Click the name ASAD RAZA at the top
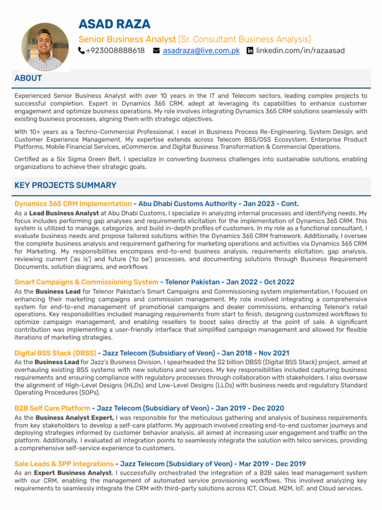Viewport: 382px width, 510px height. [114, 24]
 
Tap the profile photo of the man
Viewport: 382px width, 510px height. [45, 46]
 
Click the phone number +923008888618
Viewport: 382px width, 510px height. [115, 51]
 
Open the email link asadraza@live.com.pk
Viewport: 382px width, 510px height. [201, 51]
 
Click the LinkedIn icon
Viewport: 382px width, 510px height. [250, 51]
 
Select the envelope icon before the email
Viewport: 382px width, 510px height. [156, 51]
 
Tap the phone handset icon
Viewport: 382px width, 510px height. [82, 51]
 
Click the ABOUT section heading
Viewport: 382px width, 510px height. [28, 78]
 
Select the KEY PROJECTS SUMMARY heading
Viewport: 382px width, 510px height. [65, 185]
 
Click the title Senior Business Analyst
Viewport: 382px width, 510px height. [127, 39]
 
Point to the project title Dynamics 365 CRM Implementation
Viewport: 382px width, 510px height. [73, 204]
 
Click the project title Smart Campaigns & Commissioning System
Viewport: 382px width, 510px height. [86, 282]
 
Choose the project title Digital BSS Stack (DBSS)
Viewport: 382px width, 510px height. [55, 353]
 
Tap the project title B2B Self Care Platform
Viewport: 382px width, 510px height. [52, 408]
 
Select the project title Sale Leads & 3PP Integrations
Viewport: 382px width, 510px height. [64, 464]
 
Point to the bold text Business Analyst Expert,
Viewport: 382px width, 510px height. [75, 418]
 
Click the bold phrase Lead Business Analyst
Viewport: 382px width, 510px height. [64, 213]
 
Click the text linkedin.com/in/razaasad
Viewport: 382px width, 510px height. [300, 51]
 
